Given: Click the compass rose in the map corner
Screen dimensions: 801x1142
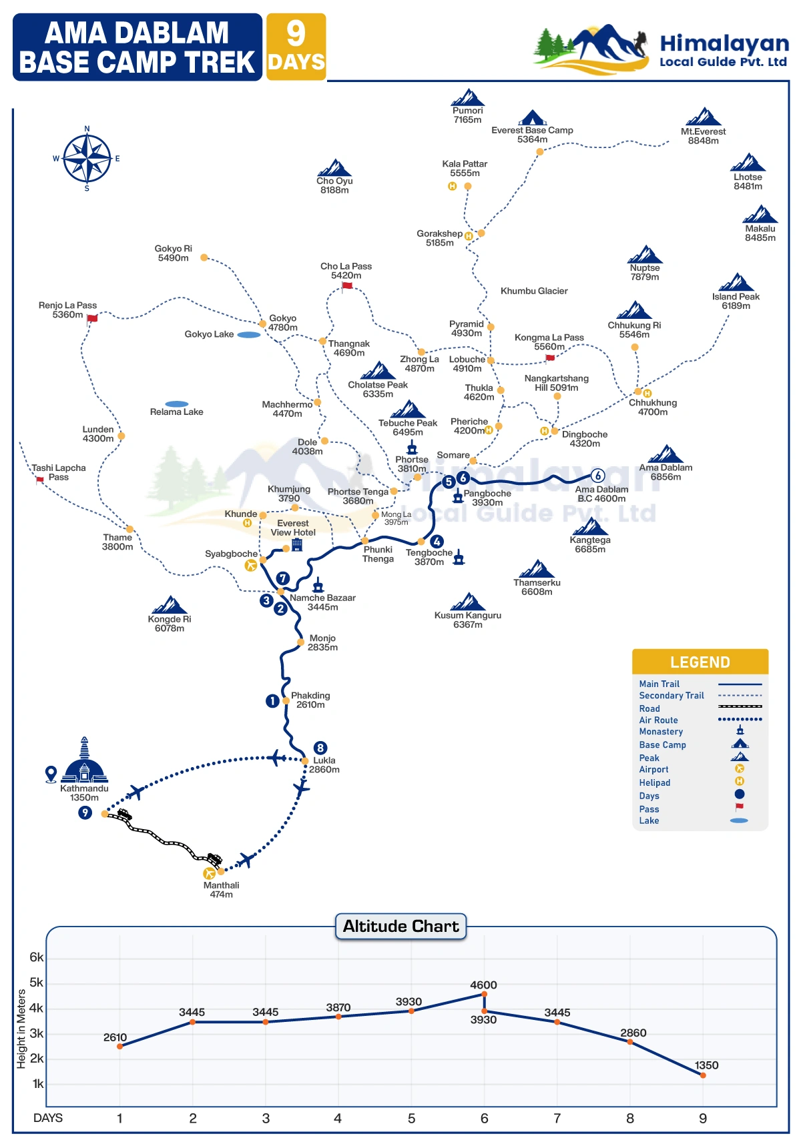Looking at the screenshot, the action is click(x=87, y=158).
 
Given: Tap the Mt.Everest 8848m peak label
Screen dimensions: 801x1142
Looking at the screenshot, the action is click(x=704, y=136).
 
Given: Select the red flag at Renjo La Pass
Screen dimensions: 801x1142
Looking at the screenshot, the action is click(x=92, y=318).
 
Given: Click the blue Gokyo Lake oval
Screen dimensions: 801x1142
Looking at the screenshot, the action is click(x=248, y=335).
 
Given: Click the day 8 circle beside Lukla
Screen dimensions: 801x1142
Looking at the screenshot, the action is click(x=320, y=748).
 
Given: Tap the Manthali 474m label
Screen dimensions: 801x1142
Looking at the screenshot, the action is click(x=221, y=890).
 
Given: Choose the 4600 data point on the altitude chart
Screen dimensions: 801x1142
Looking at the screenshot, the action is click(x=484, y=995).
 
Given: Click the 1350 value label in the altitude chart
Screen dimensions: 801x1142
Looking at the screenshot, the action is click(x=706, y=1065).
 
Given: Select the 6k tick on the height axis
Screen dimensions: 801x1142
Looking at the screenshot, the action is click(x=37, y=957).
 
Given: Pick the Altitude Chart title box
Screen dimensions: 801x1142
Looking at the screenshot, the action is click(x=400, y=926).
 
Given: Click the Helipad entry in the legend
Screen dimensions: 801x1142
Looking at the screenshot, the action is click(x=655, y=782).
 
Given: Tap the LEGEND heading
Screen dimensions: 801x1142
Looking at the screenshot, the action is click(x=700, y=662).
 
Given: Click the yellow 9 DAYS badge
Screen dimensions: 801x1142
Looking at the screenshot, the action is click(x=296, y=47).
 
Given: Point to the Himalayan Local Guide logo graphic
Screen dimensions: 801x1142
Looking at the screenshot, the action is click(x=591, y=48).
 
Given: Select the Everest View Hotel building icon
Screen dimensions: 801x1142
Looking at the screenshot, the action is click(x=297, y=545).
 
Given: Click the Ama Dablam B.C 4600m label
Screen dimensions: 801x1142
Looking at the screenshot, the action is click(x=601, y=494).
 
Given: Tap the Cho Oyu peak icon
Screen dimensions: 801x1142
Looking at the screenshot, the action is click(x=334, y=167).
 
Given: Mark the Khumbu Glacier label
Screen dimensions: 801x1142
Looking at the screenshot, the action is click(x=534, y=291).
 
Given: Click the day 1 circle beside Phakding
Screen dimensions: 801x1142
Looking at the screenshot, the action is click(x=272, y=701).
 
